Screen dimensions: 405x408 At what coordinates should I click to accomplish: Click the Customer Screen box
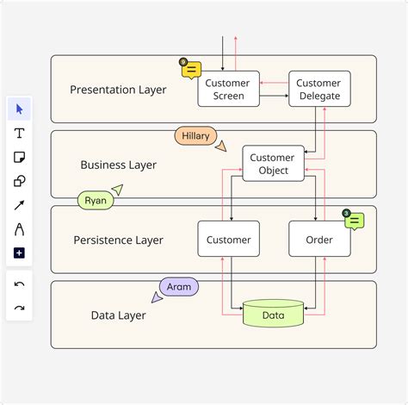[228, 89]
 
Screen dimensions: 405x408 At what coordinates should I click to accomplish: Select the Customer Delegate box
[318, 89]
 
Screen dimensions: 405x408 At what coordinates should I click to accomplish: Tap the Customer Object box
[273, 164]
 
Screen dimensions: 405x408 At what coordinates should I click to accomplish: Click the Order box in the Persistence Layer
[319, 240]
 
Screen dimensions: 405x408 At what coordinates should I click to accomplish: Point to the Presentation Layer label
[119, 90]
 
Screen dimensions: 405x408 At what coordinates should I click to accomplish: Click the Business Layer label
[119, 165]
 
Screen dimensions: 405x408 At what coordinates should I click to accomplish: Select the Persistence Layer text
[118, 240]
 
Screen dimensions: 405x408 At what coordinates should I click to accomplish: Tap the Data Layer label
[118, 315]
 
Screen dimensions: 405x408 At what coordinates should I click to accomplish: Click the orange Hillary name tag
[195, 136]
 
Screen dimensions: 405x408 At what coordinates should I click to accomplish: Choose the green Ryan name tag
[96, 200]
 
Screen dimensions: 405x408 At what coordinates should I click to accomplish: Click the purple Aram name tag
[178, 286]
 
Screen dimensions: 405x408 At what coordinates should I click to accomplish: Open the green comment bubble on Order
[354, 221]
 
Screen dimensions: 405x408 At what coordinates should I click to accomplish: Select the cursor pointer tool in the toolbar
[19, 109]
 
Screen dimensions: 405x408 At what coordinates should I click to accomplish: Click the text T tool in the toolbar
[19, 133]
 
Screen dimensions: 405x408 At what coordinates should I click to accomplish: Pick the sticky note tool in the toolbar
[19, 157]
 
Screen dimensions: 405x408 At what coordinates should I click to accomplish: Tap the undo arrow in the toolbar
[19, 283]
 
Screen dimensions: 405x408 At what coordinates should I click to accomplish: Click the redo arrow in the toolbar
[19, 308]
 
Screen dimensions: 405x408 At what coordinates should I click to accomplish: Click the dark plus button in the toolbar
[19, 252]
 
